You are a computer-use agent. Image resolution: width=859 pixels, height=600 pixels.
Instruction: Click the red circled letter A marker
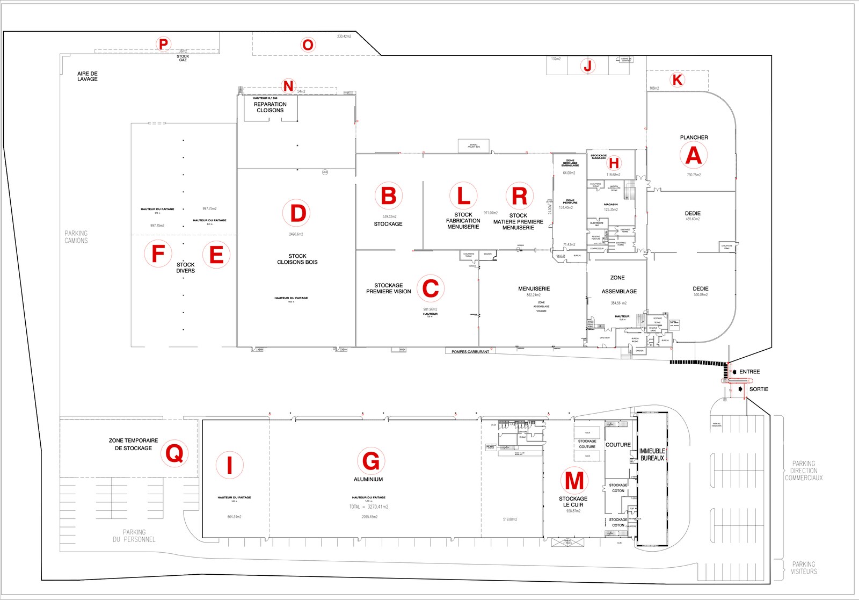pos(693,155)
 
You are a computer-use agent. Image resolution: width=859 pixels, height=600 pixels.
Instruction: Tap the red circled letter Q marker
pos(174,454)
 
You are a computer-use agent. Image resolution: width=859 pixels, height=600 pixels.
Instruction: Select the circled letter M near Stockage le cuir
pos(574,480)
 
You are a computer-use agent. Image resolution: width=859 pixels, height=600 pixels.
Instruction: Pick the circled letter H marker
pos(614,163)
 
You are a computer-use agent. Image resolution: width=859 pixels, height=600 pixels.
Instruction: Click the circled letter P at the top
pos(163,44)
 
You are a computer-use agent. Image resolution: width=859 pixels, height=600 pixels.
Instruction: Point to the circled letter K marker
pos(678,80)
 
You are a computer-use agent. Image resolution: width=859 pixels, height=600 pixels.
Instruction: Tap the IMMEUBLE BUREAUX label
pos(652,454)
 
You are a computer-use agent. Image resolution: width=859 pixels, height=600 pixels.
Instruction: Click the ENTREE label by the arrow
pos(749,372)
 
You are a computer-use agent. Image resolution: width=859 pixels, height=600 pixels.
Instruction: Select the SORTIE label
pos(759,389)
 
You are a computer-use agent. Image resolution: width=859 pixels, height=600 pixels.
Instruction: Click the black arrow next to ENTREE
pos(734,372)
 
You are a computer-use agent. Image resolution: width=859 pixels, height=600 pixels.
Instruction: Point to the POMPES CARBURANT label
pos(470,352)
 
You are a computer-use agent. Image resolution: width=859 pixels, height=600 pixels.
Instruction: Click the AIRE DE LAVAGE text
pos(88,76)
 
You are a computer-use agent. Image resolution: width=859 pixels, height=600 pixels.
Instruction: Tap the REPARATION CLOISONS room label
pos(270,107)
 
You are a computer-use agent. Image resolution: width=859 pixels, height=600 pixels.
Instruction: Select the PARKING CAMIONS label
pos(76,237)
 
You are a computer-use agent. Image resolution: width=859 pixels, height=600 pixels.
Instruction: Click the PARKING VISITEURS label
pos(803,568)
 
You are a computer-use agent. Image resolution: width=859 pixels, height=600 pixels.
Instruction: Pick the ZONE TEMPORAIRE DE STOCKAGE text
pos(133,444)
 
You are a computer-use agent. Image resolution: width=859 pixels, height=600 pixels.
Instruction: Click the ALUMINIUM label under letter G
pos(368,479)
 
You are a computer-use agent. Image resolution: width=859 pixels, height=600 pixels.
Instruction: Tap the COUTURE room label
pos(618,445)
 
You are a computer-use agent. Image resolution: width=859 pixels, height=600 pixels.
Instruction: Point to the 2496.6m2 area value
pos(296,234)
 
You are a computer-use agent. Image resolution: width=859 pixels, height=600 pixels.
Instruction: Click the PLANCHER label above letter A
pos(694,138)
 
